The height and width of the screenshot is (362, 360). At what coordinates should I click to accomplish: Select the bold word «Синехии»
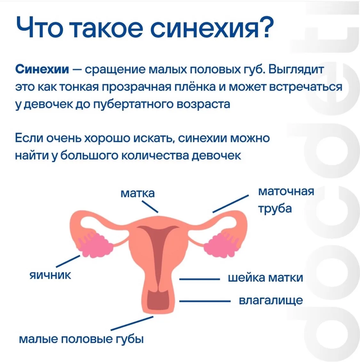click(x=42, y=69)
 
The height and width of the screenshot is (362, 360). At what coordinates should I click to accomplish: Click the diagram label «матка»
click(x=138, y=193)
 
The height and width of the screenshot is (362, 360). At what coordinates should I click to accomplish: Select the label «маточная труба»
click(x=286, y=200)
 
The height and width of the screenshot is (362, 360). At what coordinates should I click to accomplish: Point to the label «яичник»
click(x=50, y=276)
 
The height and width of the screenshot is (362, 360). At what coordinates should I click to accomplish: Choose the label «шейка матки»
click(x=265, y=277)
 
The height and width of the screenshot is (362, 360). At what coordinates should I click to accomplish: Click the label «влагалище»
click(x=271, y=300)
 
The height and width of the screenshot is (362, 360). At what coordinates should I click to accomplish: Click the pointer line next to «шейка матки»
click(x=199, y=279)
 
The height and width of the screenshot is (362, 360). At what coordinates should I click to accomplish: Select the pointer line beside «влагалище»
click(x=205, y=301)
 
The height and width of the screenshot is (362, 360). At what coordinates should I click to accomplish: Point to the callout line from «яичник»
click(x=68, y=261)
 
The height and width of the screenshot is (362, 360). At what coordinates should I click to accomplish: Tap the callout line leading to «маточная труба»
click(x=231, y=204)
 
